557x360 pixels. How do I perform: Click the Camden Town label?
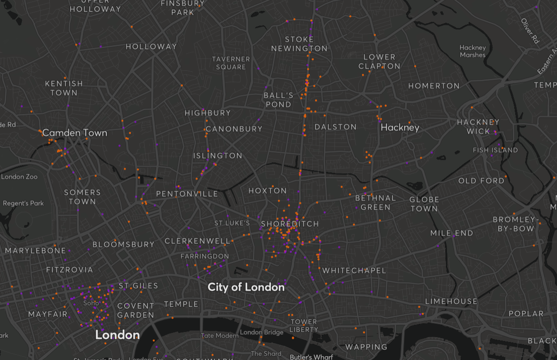(x=74, y=133)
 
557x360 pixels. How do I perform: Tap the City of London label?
(x=246, y=287)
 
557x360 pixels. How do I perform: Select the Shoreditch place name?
(x=289, y=223)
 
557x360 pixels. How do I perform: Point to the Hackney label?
(x=400, y=127)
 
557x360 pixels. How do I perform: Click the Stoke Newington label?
(x=299, y=44)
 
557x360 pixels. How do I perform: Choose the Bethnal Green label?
(x=375, y=203)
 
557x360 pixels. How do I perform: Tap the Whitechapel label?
(x=354, y=270)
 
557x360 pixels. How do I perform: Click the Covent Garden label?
(x=136, y=310)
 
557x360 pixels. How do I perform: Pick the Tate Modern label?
(x=220, y=335)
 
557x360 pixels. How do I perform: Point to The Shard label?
(x=266, y=353)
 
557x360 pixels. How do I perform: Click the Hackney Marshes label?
(x=473, y=51)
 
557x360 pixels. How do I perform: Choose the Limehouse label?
(x=451, y=301)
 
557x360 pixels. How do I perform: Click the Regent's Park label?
(x=23, y=203)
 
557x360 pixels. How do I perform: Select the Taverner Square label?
(x=231, y=63)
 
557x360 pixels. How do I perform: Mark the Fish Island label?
(x=495, y=150)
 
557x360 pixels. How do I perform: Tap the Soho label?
(x=91, y=303)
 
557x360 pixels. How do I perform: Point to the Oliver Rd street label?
(x=530, y=31)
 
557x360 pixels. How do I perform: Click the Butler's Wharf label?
(x=311, y=357)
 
